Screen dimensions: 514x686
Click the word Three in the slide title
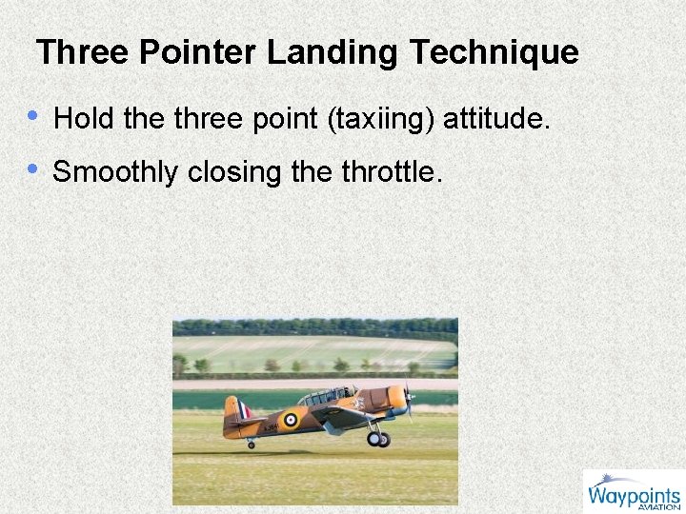click(x=83, y=52)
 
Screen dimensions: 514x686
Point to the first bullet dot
click(x=33, y=116)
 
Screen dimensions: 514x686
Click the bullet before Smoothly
click(x=33, y=169)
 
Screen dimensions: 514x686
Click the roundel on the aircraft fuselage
click(x=289, y=419)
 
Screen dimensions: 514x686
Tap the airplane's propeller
click(x=408, y=401)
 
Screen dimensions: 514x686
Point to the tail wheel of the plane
click(x=251, y=445)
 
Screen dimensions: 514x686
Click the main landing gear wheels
click(x=378, y=439)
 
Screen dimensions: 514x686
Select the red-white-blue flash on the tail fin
click(x=245, y=410)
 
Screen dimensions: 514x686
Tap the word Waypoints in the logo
click(x=634, y=495)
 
